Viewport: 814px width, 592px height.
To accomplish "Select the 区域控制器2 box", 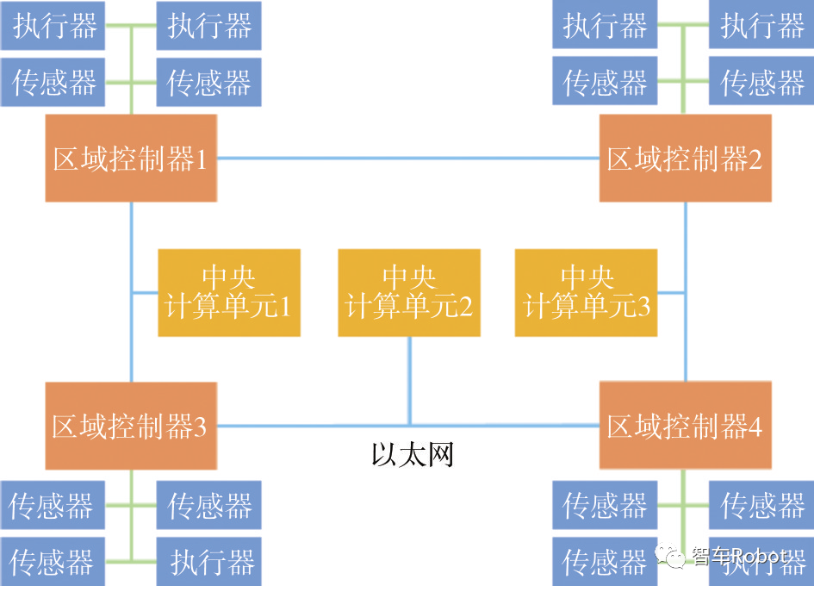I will pyautogui.click(x=685, y=159).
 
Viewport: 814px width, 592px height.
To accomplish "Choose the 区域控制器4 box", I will pyautogui.click(x=685, y=427).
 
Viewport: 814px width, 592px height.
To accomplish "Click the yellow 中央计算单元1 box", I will pyautogui.click(x=229, y=293).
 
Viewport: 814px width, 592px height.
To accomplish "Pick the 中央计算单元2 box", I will pyautogui.click(x=409, y=293).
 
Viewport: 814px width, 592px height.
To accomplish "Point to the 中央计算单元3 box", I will pyautogui.click(x=586, y=293).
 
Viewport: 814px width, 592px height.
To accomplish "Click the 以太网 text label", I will pyautogui.click(x=412, y=454).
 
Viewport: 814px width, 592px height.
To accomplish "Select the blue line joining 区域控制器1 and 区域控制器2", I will pyautogui.click(x=407, y=159).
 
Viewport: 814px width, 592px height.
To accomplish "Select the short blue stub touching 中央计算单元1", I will pyautogui.click(x=145, y=293).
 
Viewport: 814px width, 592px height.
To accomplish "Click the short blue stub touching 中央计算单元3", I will pyautogui.click(x=671, y=293).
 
